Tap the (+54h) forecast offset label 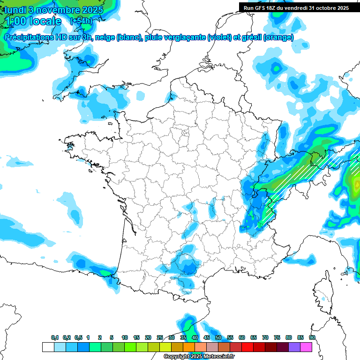point(81,21)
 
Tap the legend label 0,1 point(54,337)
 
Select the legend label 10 point(125,337)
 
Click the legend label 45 point(207,337)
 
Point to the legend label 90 point(312,337)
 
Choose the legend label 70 point(265,337)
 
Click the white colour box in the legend point(48,347)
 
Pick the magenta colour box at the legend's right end point(306,347)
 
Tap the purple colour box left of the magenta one point(294,347)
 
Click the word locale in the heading point(44,21)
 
